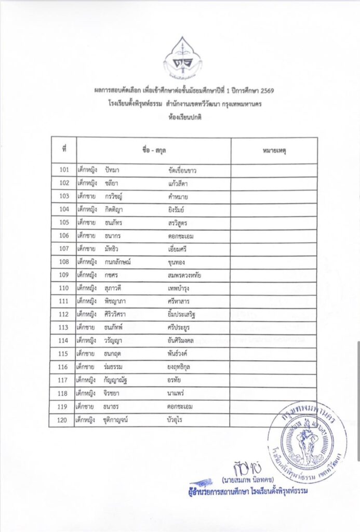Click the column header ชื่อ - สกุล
click(153, 150)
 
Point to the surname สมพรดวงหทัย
click(181, 275)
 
